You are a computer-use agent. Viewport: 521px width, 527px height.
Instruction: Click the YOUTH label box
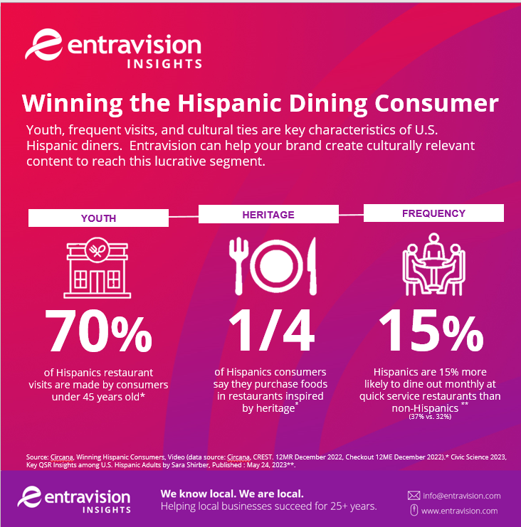tap(98, 218)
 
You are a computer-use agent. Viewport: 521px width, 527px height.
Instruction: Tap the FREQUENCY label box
tap(433, 213)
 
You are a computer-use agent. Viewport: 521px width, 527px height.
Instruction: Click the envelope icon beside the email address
tap(414, 495)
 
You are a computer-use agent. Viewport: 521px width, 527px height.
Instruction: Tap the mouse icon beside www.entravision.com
tap(414, 511)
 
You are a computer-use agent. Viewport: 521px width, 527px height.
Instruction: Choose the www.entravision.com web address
tap(460, 511)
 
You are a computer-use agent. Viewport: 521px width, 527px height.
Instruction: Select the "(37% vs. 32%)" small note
tap(430, 416)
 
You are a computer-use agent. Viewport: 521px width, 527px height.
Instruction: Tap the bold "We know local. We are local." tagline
tap(231, 493)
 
